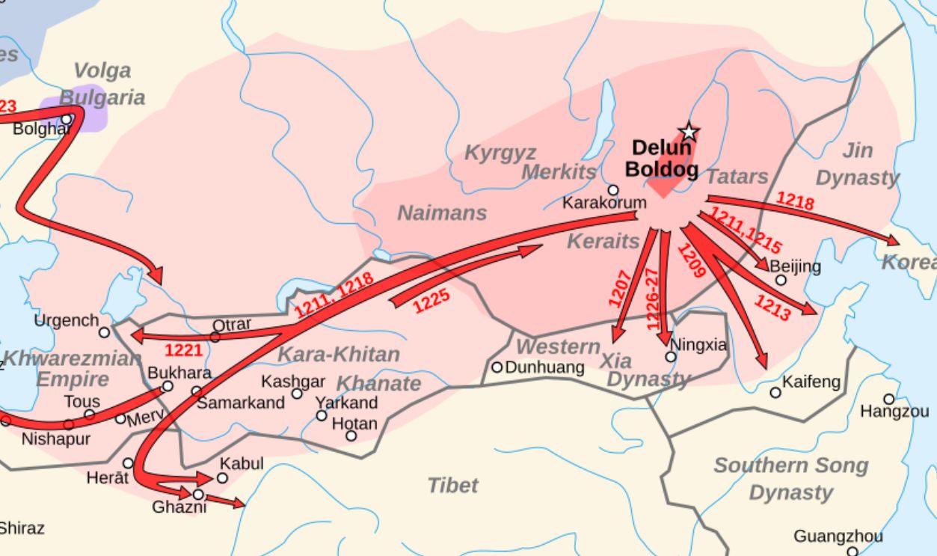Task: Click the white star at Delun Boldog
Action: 689,132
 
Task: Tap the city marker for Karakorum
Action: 613,190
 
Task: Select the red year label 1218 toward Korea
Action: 795,200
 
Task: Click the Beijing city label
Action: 794,266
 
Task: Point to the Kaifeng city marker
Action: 775,392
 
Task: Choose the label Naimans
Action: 441,213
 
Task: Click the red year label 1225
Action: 431,300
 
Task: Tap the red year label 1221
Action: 184,350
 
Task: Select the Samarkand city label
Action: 241,403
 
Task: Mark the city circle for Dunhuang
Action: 497,367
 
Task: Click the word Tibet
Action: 452,486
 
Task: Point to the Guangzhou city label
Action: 838,537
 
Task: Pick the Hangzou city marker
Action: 888,399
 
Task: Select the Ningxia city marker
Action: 671,357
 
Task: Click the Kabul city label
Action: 242,464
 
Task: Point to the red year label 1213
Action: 772,308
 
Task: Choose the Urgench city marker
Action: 104,332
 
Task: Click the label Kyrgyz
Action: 500,153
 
